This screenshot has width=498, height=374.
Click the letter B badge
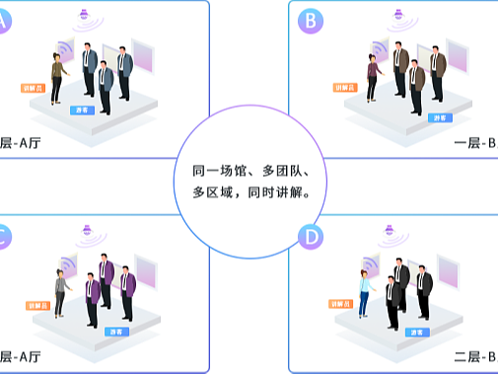(x=312, y=19)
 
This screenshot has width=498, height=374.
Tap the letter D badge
(x=312, y=239)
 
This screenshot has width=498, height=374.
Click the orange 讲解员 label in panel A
(x=34, y=87)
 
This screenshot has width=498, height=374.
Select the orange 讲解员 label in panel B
(x=346, y=87)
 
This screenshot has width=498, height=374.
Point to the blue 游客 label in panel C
(x=116, y=332)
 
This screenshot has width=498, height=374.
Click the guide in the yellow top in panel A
(x=57, y=77)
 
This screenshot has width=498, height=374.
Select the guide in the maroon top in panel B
(x=374, y=77)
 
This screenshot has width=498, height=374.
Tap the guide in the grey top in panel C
(x=60, y=293)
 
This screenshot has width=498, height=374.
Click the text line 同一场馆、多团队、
(x=251, y=171)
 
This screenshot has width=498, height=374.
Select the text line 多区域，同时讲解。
(x=251, y=193)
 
